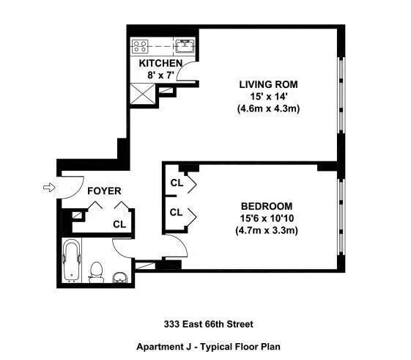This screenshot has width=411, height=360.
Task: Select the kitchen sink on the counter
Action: coord(184,46)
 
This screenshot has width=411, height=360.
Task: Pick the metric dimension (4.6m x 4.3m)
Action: coord(269,109)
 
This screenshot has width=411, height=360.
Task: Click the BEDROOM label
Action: coord(267,206)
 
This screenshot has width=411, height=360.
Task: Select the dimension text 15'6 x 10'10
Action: coord(267,218)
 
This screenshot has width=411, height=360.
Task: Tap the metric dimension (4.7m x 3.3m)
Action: coord(267,230)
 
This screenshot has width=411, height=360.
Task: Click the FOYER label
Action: coord(104,191)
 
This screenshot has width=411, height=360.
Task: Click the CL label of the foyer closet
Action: coord(119,225)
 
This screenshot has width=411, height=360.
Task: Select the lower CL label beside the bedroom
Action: coord(176,213)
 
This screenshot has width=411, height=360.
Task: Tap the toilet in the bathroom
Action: coord(95,272)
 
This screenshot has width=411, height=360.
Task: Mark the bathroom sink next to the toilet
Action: coord(120,276)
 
